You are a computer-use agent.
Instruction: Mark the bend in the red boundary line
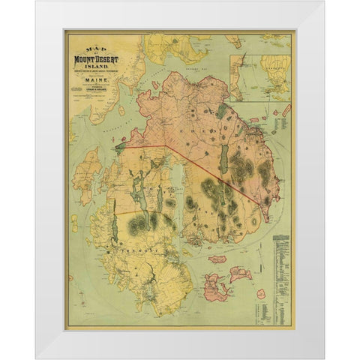[x=166, y=145]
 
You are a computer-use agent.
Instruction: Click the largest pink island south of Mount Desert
[x=215, y=284]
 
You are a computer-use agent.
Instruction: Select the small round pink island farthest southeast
[x=261, y=294]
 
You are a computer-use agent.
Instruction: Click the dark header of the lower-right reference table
[x=281, y=238]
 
